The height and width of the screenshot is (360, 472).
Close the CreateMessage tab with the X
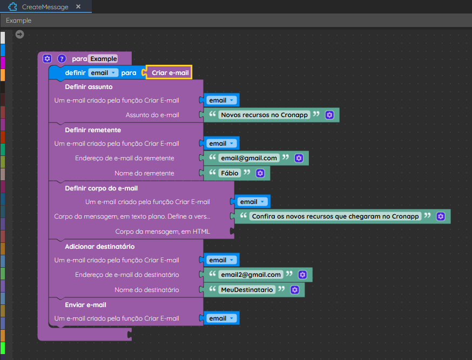tap(78, 6)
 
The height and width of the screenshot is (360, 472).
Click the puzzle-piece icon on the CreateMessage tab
tap(12, 6)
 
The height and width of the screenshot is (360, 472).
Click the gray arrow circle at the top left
tap(19, 35)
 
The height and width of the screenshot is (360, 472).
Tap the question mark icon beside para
tap(62, 58)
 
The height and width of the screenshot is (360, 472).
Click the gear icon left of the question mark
tap(48, 58)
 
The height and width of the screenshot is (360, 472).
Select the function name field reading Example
tap(104, 59)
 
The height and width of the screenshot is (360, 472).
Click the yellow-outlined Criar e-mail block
tap(169, 72)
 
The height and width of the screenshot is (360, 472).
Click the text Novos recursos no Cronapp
tap(264, 115)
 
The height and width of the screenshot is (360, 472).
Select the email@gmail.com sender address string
tap(249, 158)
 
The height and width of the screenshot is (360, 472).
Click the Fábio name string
tap(230, 173)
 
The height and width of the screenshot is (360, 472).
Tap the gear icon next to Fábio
tap(260, 173)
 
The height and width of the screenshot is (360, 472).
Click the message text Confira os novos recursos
tap(335, 216)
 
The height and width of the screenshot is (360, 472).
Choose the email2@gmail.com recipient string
tap(251, 275)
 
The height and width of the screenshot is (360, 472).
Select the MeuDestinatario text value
tap(247, 290)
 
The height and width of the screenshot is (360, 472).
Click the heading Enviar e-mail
tap(85, 305)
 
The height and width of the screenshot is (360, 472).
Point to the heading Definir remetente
tap(93, 130)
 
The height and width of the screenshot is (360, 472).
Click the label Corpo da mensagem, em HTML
tap(163, 232)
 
